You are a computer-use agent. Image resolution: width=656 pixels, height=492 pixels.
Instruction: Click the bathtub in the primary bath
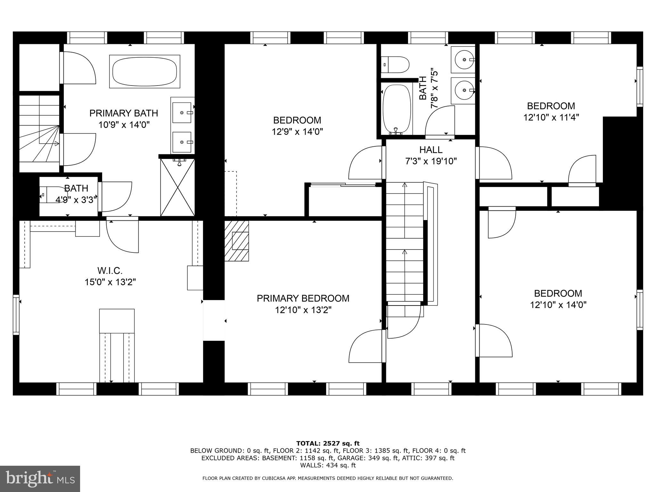click(x=144, y=71)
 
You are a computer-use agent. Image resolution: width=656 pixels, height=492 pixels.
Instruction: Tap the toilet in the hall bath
click(x=396, y=65)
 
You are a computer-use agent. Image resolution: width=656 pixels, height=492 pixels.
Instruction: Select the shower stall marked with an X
click(x=177, y=187)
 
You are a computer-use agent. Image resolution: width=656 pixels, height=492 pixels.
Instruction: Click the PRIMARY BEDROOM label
click(x=303, y=299)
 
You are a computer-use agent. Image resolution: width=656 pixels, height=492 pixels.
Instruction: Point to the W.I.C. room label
click(x=110, y=271)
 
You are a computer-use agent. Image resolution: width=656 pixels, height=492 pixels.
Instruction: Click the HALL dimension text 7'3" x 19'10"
click(x=431, y=161)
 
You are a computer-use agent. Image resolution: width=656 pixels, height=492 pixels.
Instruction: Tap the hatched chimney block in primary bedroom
click(x=236, y=241)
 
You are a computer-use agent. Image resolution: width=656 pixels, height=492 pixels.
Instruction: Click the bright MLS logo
click(x=40, y=479)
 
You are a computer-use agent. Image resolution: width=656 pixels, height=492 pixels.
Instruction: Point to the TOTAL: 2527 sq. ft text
click(x=328, y=443)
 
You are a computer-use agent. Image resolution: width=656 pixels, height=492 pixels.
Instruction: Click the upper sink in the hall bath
click(x=463, y=60)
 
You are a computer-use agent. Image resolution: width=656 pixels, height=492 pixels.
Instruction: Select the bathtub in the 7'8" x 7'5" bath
click(x=397, y=109)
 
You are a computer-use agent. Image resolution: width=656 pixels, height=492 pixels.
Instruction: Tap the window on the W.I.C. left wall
click(x=16, y=314)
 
